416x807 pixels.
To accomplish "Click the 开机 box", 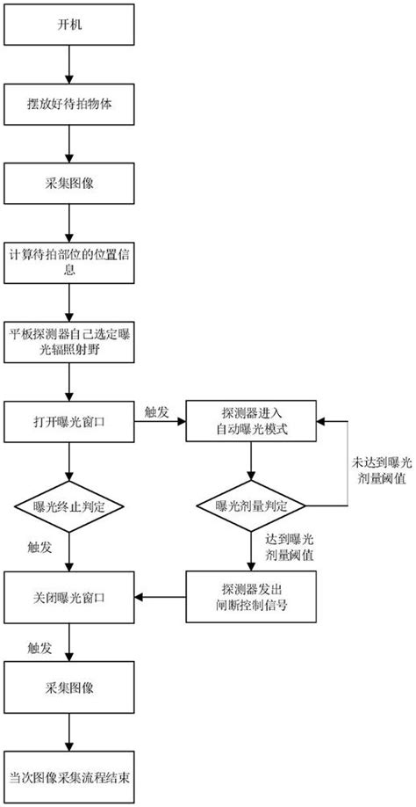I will [x=69, y=25].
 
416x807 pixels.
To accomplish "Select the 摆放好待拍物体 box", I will [x=69, y=103].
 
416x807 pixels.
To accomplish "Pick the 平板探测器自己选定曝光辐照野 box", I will [x=69, y=343].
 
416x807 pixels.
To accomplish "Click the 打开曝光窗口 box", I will [x=69, y=423].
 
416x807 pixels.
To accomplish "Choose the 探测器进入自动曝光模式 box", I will [x=251, y=423].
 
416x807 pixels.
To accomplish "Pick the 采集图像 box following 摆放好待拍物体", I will [x=69, y=182].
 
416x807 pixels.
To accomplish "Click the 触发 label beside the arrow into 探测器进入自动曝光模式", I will [x=158, y=411].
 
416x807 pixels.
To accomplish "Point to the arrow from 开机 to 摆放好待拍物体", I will [x=69, y=63].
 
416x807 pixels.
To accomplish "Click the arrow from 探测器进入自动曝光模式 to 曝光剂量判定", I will [x=251, y=462].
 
